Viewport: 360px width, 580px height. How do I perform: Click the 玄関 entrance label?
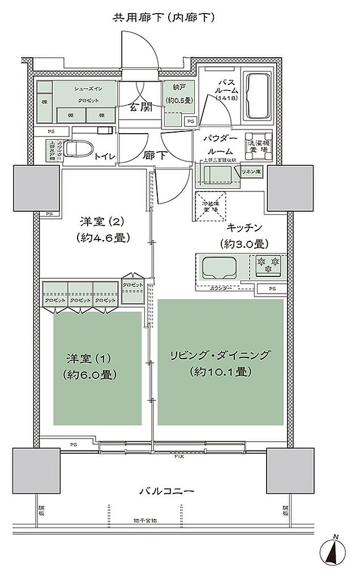tap(139, 106)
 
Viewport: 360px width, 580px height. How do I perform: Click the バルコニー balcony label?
tap(168, 491)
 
